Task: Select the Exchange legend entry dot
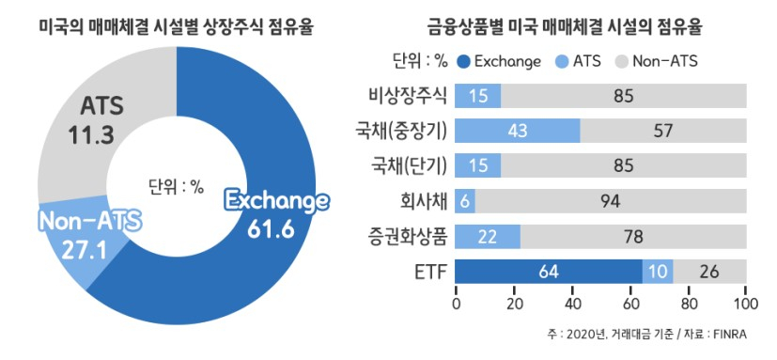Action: pyautogui.click(x=463, y=62)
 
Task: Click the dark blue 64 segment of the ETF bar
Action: pyautogui.click(x=549, y=271)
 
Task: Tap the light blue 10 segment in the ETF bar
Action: pyautogui.click(x=657, y=271)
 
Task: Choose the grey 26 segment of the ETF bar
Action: pyautogui.click(x=709, y=271)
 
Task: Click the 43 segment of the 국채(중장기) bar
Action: pyautogui.click(x=517, y=130)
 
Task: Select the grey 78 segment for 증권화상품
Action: pyautogui.click(x=634, y=236)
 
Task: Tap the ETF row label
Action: pyautogui.click(x=427, y=271)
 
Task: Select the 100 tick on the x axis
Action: pyautogui.click(x=745, y=303)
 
